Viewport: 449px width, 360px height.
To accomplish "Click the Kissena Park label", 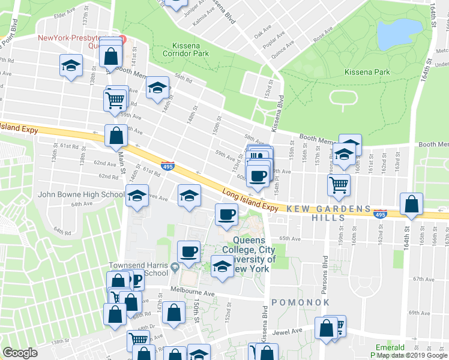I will pyautogui.click(x=367, y=72).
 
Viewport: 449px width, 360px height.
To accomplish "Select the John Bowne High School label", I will pyautogui.click(x=81, y=194).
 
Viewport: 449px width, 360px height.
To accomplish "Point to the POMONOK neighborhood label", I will pyautogui.click(x=301, y=302).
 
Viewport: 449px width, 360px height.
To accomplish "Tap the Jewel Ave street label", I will pyautogui.click(x=289, y=331).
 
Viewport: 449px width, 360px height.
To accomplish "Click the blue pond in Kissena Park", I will pyautogui.click(x=399, y=34).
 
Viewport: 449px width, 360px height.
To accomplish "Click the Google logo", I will pyautogui.click(x=20, y=353).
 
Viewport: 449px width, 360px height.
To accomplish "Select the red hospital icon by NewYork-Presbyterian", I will pyautogui.click(x=122, y=39).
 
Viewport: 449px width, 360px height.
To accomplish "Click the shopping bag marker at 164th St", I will pyautogui.click(x=412, y=205).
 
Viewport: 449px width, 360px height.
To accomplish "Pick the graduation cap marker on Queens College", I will pyautogui.click(x=222, y=266).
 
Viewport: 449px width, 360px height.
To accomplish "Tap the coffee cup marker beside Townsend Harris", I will pyautogui.click(x=188, y=251).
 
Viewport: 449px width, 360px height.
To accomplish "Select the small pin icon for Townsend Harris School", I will pyautogui.click(x=174, y=267).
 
